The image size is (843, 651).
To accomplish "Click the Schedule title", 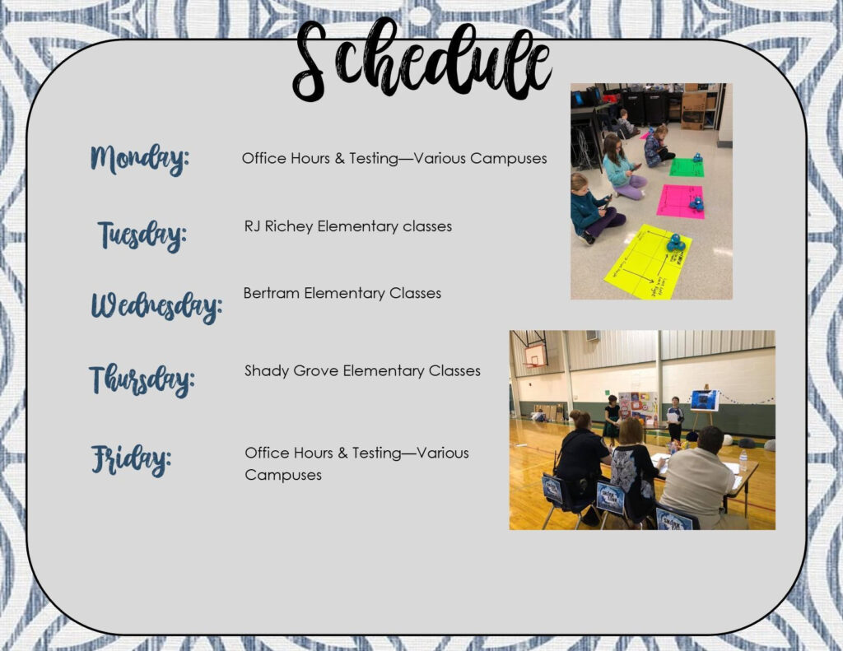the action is [422, 59].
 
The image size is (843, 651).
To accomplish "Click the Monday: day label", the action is [140, 159].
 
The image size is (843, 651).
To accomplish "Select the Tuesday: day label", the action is [142, 235].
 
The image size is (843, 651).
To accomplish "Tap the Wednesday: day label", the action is [156, 306].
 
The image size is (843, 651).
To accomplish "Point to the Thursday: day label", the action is [142, 379].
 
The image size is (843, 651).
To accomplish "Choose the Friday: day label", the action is [131, 459].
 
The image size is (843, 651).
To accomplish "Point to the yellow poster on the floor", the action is [647, 261].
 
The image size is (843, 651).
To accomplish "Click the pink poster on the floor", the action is [681, 202].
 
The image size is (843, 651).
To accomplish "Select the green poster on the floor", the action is [687, 167].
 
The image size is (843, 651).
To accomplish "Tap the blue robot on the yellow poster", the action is [676, 243].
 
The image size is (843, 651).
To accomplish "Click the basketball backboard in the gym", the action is [535, 356].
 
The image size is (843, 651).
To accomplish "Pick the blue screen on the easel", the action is [705, 401].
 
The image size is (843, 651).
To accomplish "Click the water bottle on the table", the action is [743, 461].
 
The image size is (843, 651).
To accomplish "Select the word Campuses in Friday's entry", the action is [283, 475].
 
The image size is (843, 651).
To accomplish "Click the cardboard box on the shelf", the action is [693, 110].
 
